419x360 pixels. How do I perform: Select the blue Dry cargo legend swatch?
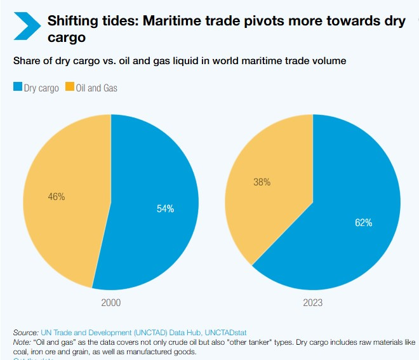(x=18, y=88)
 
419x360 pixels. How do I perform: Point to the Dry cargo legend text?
(x=41, y=88)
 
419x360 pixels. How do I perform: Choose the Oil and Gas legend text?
(x=96, y=88)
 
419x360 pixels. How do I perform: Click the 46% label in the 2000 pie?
(x=57, y=197)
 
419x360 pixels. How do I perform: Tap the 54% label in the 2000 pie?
(x=165, y=209)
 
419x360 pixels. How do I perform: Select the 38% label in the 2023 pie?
(x=262, y=182)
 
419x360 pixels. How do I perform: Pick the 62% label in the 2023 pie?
(x=363, y=223)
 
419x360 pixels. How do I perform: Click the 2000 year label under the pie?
(x=111, y=302)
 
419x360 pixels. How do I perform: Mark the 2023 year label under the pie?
(x=313, y=302)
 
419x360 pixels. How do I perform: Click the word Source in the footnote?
(x=25, y=333)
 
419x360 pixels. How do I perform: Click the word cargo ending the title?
(x=66, y=38)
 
